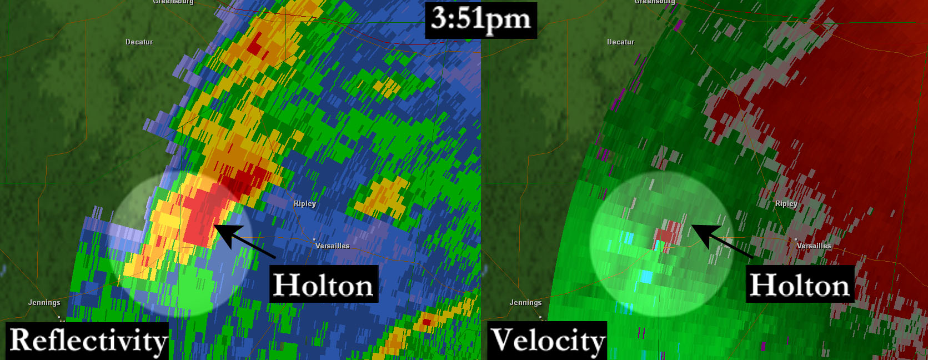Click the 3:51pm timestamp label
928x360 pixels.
coord(481,20)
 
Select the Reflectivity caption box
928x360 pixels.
coord(88,341)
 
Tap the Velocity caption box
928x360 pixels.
coord(548,341)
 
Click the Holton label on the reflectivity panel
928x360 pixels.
coord(323,284)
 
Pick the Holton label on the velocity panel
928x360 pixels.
coord(800,284)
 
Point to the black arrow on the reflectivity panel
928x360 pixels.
coord(244,242)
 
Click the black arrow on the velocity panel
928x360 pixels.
coord(721,242)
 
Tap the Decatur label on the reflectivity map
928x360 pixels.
coord(139,42)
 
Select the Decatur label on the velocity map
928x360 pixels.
coord(620,42)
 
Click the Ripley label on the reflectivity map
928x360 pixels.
coord(305,204)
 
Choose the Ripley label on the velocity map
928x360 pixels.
coord(786,204)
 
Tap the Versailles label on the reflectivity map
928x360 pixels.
coord(332,246)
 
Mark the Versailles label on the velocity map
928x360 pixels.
coord(814,246)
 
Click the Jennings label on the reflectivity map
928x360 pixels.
coord(44,303)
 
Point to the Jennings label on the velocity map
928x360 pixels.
coord(525,303)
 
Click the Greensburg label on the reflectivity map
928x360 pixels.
coord(173,2)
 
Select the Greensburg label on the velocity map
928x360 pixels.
coord(655,2)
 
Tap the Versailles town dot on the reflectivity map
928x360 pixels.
coord(314,239)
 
